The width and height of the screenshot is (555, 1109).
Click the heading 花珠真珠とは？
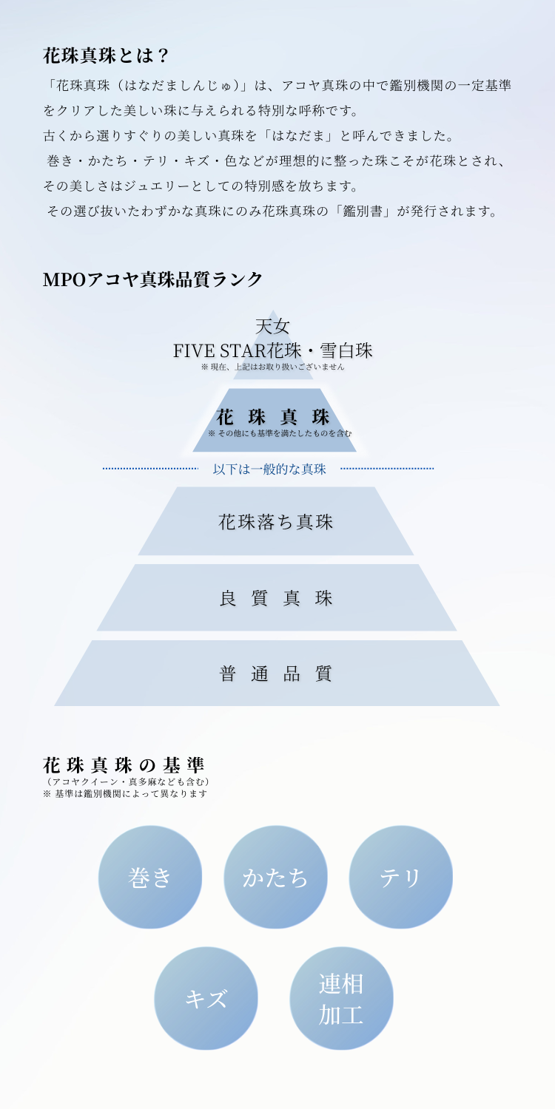[107, 55]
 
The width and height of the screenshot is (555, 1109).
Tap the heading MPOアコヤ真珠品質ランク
[153, 279]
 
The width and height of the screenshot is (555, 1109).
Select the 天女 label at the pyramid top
[273, 326]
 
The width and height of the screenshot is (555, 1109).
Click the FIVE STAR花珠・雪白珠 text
[273, 350]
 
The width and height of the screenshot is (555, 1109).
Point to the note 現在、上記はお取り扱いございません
[273, 367]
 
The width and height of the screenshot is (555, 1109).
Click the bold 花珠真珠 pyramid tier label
[273, 416]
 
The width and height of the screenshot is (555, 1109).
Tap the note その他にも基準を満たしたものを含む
[280, 433]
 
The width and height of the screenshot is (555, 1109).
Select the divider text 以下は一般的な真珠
[269, 469]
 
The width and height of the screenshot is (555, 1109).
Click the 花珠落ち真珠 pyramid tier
[275, 522]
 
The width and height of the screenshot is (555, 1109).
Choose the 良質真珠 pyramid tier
[276, 598]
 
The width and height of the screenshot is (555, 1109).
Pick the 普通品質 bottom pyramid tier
[276, 674]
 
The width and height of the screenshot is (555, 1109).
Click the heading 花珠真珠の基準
[124, 765]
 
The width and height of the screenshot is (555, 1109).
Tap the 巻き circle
[150, 877]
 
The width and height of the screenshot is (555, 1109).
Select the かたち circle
[275, 877]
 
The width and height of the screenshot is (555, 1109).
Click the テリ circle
[400, 877]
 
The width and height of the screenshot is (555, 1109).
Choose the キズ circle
[206, 998]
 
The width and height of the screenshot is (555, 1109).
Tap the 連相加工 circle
[341, 998]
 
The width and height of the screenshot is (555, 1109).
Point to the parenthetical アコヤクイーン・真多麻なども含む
[127, 781]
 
